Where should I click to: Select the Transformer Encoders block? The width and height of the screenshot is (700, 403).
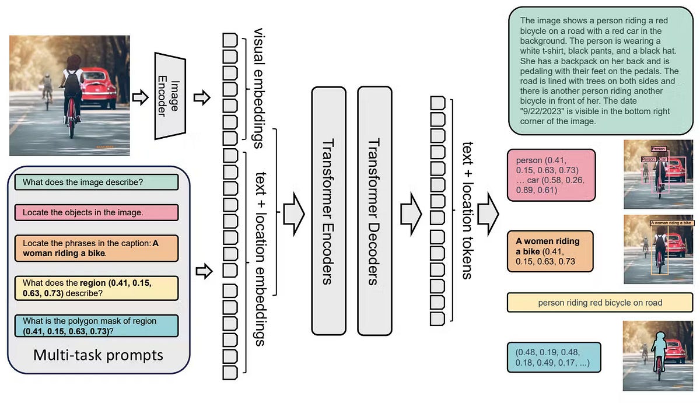(x=328, y=211)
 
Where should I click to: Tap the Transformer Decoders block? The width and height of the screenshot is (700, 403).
(x=374, y=211)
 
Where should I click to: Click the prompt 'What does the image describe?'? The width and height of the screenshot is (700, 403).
(x=96, y=181)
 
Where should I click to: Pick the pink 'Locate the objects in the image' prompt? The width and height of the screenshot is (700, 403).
(x=96, y=212)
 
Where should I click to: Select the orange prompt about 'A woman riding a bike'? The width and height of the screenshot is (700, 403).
(x=96, y=248)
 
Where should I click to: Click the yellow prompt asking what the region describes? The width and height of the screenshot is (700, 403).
(x=96, y=288)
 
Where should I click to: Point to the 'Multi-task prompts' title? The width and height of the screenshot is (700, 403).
(x=98, y=355)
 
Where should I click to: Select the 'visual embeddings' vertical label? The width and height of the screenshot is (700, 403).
(x=258, y=82)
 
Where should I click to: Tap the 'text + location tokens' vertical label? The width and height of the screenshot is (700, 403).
(x=467, y=210)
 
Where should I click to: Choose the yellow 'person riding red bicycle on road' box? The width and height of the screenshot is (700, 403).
(x=600, y=303)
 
